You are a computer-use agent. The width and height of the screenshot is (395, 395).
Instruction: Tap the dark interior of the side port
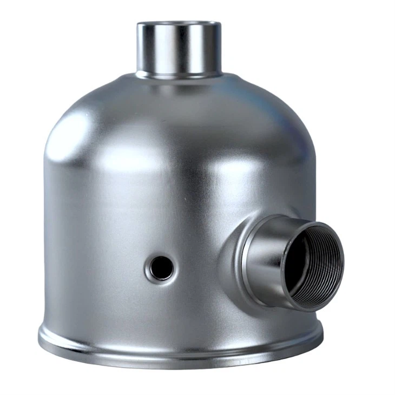(303, 265)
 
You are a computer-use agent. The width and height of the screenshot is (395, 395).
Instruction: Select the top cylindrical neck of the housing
(179, 49)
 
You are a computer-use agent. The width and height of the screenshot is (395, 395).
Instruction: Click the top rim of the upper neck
(179, 24)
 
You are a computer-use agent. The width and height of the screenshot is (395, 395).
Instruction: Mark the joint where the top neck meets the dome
(179, 74)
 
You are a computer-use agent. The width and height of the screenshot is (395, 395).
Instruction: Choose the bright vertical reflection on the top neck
(162, 49)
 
